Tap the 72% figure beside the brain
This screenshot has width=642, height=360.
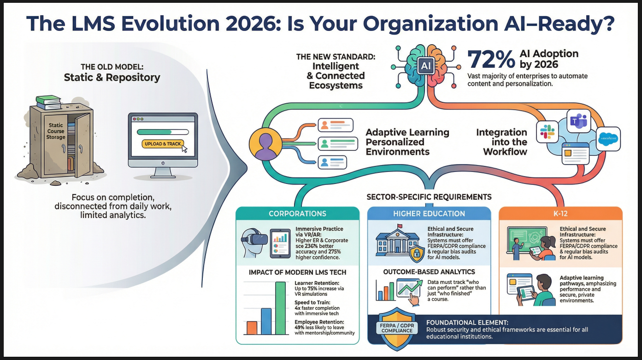(491, 60)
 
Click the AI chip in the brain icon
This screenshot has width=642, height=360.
(425, 66)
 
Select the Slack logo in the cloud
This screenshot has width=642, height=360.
(548, 132)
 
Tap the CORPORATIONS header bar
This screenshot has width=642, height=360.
(297, 213)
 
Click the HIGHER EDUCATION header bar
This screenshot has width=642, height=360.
(429, 213)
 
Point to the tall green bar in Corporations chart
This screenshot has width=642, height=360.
(280, 308)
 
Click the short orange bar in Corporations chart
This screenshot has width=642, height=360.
(252, 327)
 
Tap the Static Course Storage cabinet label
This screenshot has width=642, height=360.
(56, 131)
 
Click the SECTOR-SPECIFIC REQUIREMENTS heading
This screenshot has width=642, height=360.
(429, 197)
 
